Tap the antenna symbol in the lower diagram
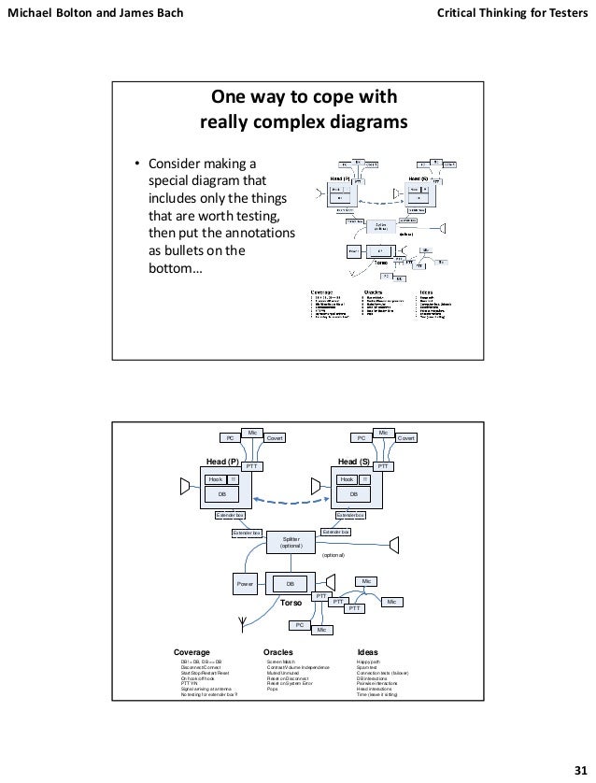tap(242, 623)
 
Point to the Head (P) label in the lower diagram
tap(223, 462)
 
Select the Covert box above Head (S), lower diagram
tap(406, 436)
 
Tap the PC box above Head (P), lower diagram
tap(226, 436)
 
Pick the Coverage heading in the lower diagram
tap(192, 652)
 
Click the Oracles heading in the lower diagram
tap(278, 652)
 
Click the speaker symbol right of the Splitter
tap(395, 543)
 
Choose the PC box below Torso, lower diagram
tap(299, 623)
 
